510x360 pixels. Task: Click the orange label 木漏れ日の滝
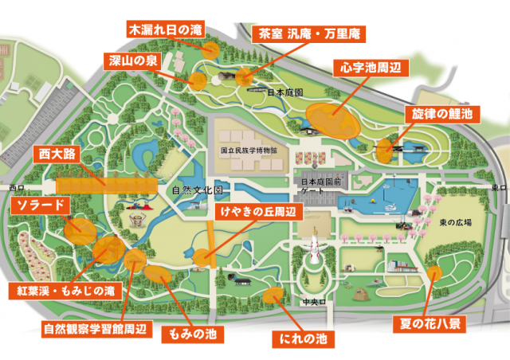pyautogui.click(x=166, y=29)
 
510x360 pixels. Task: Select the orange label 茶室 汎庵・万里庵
pyautogui.click(x=297, y=34)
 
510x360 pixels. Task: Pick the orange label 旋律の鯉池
pyautogui.click(x=441, y=114)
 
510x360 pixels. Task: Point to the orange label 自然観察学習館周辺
pyautogui.click(x=95, y=327)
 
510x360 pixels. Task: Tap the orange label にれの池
pyautogui.click(x=302, y=338)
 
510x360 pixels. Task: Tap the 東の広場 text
pyautogui.click(x=455, y=222)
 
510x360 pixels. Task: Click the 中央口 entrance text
pyautogui.click(x=310, y=302)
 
